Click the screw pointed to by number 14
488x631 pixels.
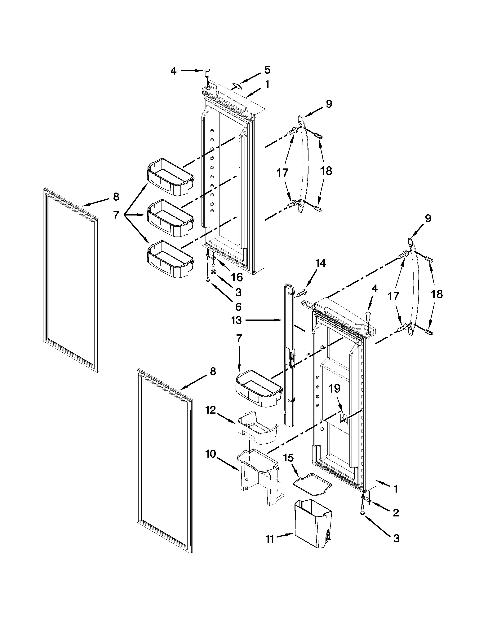(x=301, y=294)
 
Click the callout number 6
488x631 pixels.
(x=238, y=306)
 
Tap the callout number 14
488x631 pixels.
(x=320, y=263)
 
